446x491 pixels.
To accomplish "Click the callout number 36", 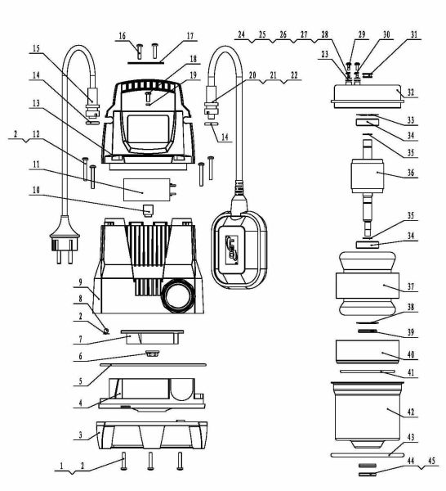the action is click(410, 173).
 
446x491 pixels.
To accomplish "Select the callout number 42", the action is click(411, 412).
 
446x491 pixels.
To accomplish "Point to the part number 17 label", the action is click(190, 36).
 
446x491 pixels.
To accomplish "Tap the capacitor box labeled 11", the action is click(147, 190).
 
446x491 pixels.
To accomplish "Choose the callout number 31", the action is click(414, 34).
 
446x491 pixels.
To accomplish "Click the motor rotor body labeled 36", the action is click(368, 176).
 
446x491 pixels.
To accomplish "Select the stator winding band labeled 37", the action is click(368, 286).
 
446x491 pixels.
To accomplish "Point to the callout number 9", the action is click(80, 282).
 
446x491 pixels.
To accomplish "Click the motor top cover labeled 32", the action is click(368, 96).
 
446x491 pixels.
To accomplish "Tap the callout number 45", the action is click(431, 461).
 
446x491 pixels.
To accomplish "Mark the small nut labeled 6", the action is click(153, 354).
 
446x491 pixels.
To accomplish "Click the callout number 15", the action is click(36, 48).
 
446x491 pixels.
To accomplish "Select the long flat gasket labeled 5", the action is click(153, 364).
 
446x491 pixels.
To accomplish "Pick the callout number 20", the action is click(252, 75).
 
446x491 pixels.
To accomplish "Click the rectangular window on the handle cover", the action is click(148, 129).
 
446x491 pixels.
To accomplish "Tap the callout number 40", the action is click(411, 354).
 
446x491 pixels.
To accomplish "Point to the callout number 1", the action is click(61, 466).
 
